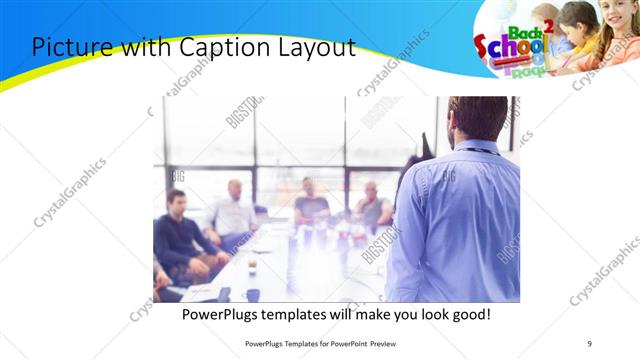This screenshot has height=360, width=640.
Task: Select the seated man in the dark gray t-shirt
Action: pyautogui.click(x=311, y=203)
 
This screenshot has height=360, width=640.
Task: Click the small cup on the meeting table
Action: pyautogui.click(x=252, y=265)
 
